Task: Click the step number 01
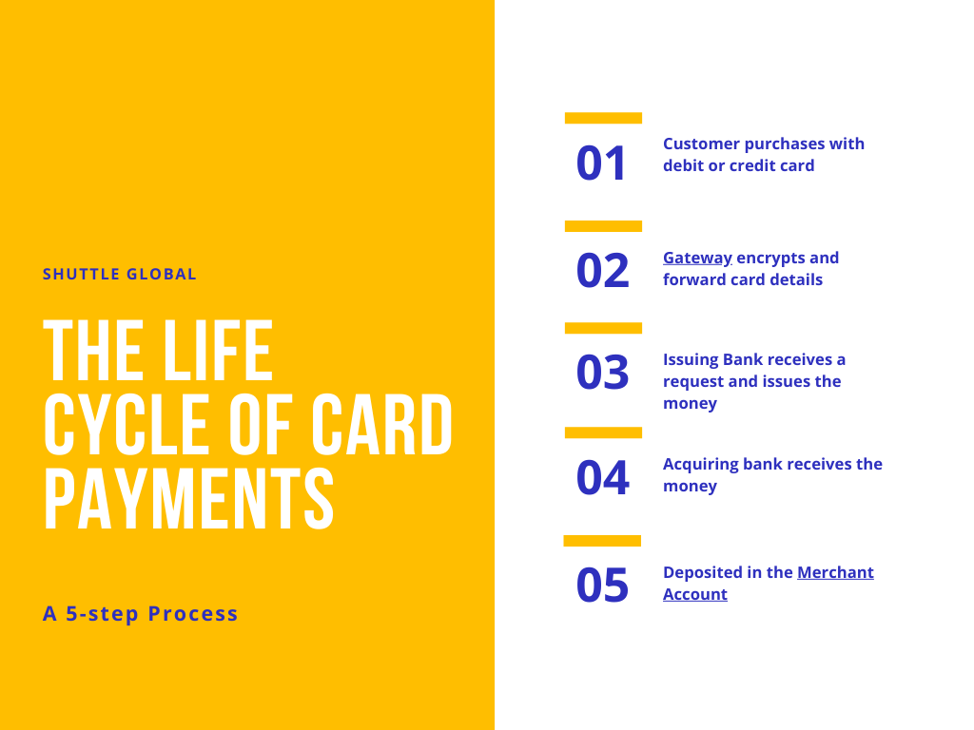[x=601, y=163]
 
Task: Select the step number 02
[x=602, y=271]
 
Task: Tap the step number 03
[x=602, y=373]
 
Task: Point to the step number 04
[x=602, y=477]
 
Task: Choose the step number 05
[x=602, y=585]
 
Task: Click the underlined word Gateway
[x=697, y=259]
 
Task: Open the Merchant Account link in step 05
[x=769, y=583]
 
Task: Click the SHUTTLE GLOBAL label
[x=119, y=274]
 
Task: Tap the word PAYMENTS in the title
[x=189, y=499]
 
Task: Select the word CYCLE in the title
[x=127, y=425]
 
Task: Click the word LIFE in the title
[x=218, y=350]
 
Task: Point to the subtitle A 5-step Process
[x=141, y=613]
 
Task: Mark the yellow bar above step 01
[x=603, y=118]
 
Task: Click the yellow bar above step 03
[x=603, y=328]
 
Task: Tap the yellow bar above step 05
[x=602, y=541]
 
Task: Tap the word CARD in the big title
[x=381, y=425]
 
